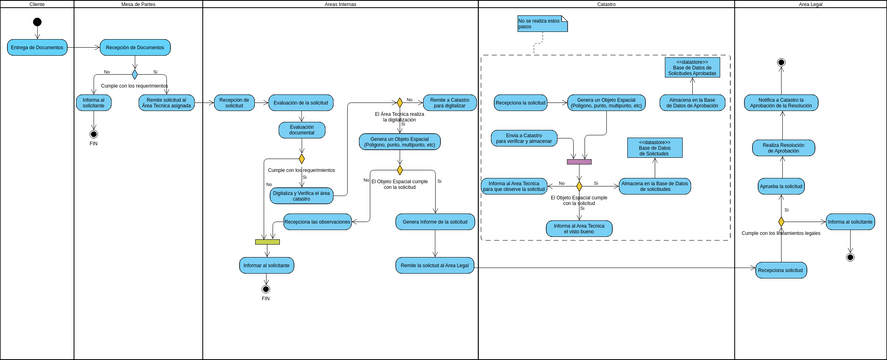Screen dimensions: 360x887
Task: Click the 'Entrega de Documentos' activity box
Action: click(36, 47)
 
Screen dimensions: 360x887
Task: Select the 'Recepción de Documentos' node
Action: click(135, 47)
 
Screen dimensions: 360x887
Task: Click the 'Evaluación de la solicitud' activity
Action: click(301, 101)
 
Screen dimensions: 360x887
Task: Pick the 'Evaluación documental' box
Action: click(301, 129)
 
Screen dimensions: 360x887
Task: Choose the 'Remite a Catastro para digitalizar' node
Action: click(448, 101)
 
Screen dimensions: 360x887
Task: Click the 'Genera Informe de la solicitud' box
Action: click(434, 221)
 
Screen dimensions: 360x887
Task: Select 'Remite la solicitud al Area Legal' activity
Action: click(434, 265)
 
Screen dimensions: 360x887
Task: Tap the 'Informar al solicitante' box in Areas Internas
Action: click(266, 265)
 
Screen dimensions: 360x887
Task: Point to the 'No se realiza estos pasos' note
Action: click(539, 24)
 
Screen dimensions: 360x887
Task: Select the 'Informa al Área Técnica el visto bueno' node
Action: click(579, 228)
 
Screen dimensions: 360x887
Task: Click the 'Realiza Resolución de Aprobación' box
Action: click(782, 148)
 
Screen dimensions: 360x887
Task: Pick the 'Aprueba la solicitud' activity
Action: click(781, 186)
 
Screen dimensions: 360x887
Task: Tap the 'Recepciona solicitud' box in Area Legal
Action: click(781, 270)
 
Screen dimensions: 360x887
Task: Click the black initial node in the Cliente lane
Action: click(37, 23)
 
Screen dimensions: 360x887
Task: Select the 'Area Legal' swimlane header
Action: click(810, 5)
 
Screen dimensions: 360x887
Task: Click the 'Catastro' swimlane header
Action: click(606, 5)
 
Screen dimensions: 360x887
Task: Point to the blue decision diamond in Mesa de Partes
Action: click(135, 73)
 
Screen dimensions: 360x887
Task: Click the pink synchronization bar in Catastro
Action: click(579, 161)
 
